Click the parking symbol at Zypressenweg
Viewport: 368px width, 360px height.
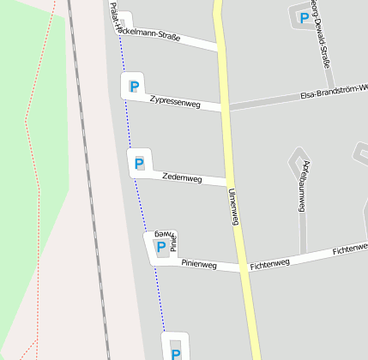pyautogui.click(x=133, y=86)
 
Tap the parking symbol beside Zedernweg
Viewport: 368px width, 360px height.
pyautogui.click(x=138, y=162)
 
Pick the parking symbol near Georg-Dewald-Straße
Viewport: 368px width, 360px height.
pyautogui.click(x=303, y=17)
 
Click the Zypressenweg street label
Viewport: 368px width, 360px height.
pyautogui.click(x=174, y=102)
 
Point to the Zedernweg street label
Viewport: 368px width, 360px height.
pyautogui.click(x=182, y=178)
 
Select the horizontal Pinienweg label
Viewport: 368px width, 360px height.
pyautogui.click(x=199, y=265)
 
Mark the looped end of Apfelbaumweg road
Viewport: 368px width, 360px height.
pyautogui.click(x=299, y=159)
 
